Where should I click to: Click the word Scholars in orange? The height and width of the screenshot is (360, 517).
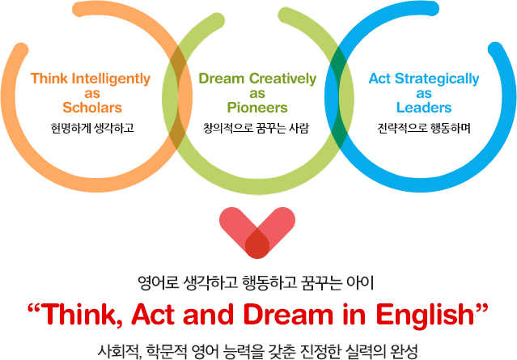pos(92,108)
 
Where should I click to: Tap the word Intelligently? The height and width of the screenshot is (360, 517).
pos(111,79)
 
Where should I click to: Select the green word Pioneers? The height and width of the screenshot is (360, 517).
pos(257,108)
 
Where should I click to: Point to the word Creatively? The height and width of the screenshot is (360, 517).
pos(282,79)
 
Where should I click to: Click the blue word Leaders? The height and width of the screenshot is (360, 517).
pos(424,108)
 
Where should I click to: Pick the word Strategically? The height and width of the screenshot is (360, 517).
pos(437,79)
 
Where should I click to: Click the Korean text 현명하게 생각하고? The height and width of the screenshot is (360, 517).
pos(92,128)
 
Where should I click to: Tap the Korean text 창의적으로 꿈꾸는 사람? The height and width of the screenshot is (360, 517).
pos(256,128)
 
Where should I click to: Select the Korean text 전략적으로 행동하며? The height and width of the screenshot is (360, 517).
pos(424,128)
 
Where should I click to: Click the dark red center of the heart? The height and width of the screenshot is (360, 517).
pos(257,244)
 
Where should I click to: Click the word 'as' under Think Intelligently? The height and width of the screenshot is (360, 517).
pos(92,94)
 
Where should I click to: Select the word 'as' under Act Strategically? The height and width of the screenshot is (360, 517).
pos(424,94)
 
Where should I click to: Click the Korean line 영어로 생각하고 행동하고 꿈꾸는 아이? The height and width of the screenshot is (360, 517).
pos(256,283)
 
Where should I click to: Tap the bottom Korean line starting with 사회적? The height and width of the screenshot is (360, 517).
pos(257,351)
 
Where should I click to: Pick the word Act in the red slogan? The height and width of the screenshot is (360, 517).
pos(153,314)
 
